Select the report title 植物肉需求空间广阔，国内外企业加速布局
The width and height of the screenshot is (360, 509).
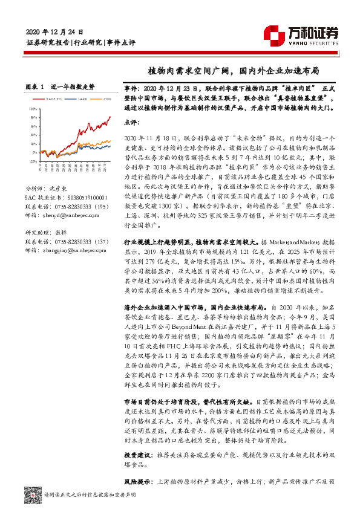tap(234, 70)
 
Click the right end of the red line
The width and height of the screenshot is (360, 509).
tap(110, 117)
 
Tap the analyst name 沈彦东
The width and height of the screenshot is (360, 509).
tap(58, 189)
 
